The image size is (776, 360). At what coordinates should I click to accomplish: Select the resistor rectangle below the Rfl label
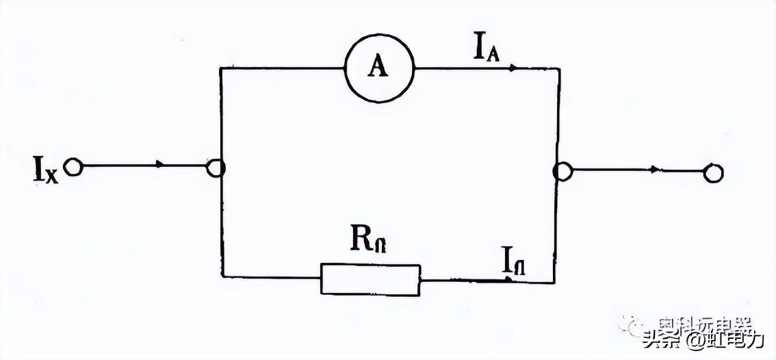point(370,279)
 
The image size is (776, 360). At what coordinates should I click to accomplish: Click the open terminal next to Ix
point(72,166)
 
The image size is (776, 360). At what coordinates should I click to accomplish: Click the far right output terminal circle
point(714,173)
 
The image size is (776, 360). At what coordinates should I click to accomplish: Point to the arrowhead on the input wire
point(160,165)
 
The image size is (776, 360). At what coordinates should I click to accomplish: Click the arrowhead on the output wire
point(656,170)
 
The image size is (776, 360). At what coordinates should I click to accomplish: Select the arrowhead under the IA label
point(513,68)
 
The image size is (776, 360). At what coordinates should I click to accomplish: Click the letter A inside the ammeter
point(375,66)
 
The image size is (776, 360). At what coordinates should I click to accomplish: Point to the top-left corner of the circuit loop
point(220,68)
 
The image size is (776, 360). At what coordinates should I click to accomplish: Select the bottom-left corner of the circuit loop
point(222,277)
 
